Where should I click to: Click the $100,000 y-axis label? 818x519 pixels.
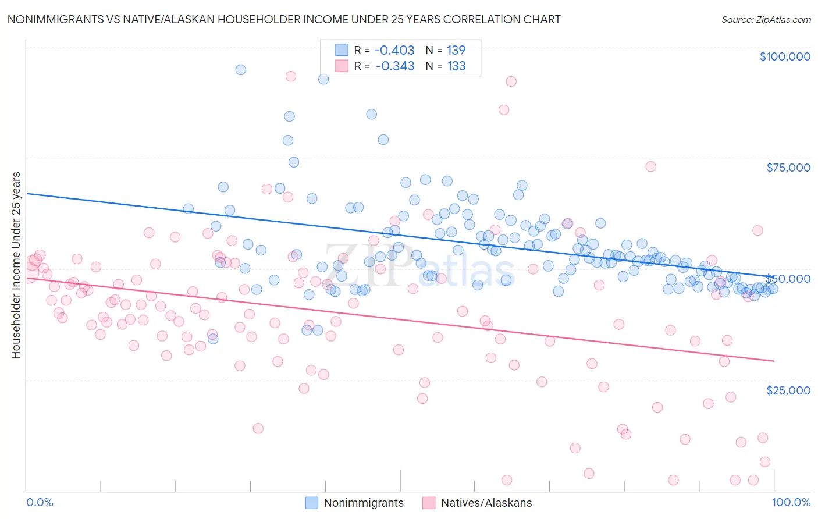784,56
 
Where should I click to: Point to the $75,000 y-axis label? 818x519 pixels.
788,168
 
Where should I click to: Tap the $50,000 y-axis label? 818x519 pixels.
788,279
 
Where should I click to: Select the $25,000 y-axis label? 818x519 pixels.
788,390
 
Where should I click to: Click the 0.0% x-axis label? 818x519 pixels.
40,502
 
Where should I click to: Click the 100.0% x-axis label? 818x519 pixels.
791,502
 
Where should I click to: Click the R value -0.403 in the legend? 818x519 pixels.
394,50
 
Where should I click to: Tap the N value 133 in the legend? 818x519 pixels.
456,66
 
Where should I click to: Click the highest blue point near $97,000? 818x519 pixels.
240,70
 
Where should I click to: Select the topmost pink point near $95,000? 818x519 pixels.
291,76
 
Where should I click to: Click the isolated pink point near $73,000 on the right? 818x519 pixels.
650,166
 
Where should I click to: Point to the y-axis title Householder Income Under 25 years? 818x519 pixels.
16,265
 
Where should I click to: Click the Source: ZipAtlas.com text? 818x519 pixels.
766,19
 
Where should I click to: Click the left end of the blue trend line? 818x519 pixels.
27,193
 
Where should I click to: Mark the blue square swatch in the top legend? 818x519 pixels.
342,50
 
